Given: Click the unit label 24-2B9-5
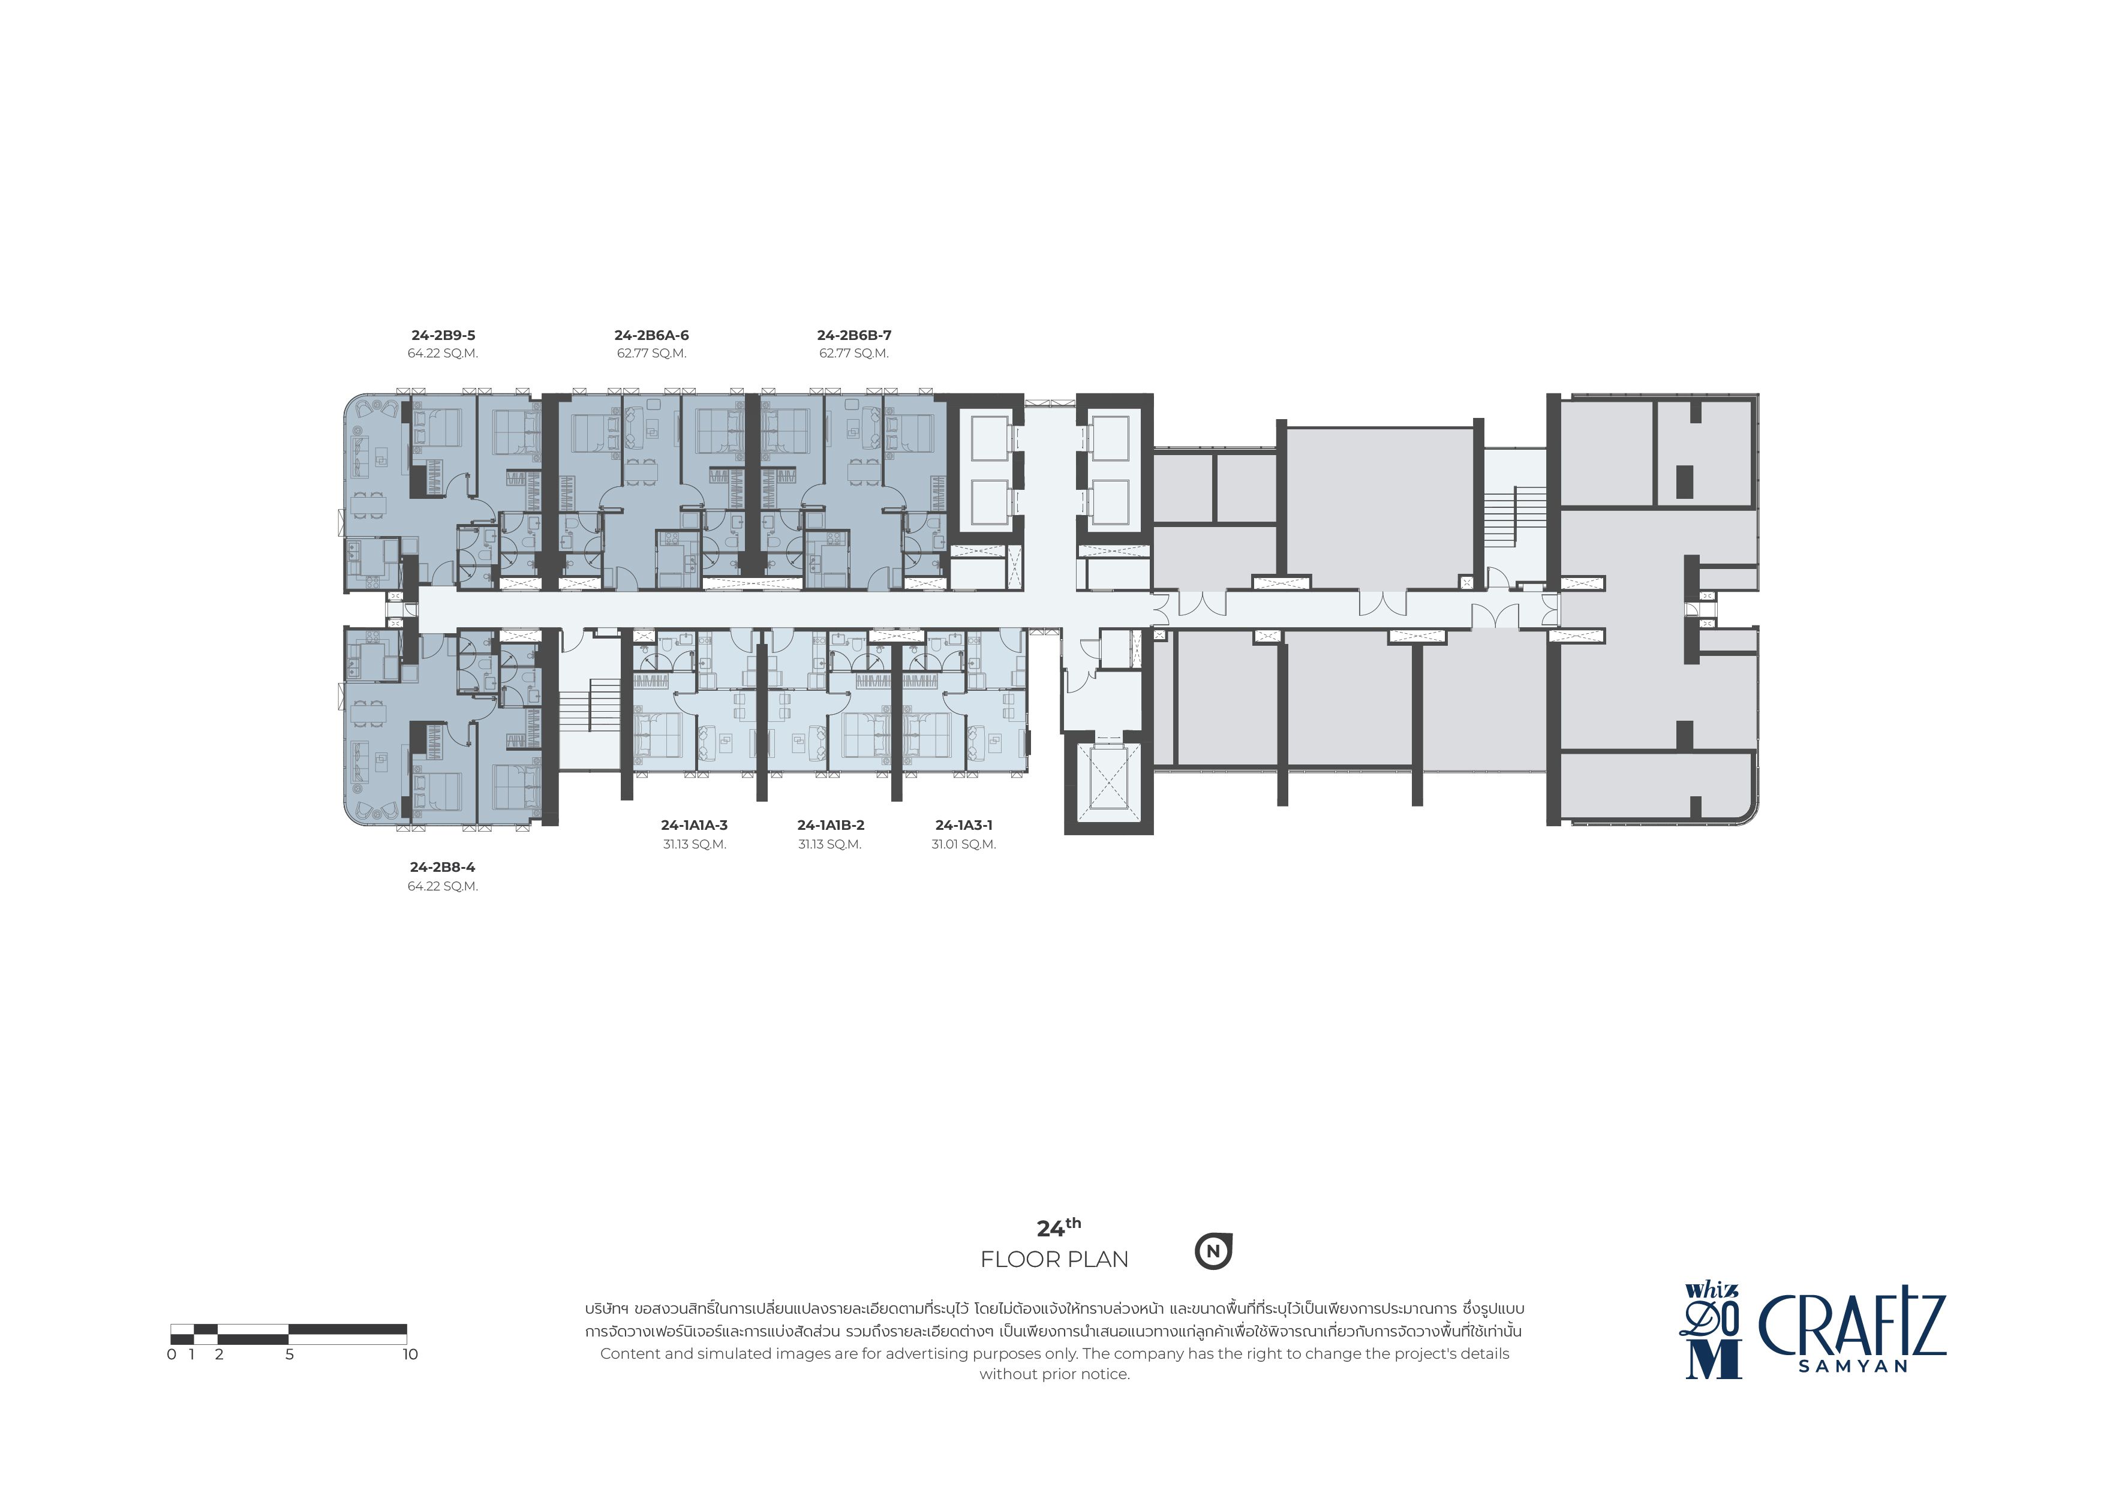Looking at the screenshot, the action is click(x=443, y=335).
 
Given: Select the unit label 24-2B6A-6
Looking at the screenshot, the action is click(x=651, y=335).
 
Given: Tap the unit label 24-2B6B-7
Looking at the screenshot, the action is click(x=854, y=335).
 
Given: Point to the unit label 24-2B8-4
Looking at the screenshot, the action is click(x=443, y=867).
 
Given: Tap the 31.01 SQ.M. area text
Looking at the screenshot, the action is click(x=964, y=844).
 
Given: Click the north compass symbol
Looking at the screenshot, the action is click(x=1213, y=1251).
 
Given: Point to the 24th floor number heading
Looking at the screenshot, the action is click(x=1059, y=1228).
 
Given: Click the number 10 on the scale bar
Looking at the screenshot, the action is click(x=410, y=1354).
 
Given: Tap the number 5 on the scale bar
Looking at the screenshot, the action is click(x=290, y=1354).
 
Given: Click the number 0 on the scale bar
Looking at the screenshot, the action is click(x=172, y=1354).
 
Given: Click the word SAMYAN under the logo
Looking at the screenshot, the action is click(x=1853, y=1365).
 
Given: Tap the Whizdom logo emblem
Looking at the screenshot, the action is click(x=1712, y=1331).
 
